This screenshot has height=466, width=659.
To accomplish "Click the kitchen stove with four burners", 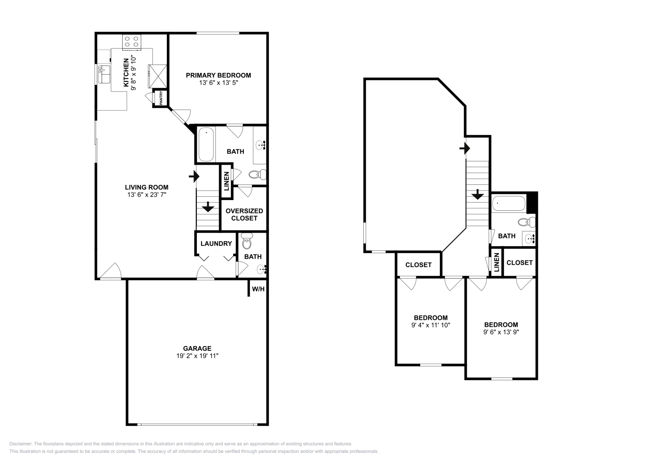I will (x=132, y=41).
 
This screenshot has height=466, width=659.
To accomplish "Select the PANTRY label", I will (x=161, y=98).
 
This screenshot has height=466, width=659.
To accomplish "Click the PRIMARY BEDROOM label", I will (x=218, y=75).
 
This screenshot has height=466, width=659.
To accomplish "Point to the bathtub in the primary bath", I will (x=206, y=144).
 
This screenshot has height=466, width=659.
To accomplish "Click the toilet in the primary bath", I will (x=258, y=175).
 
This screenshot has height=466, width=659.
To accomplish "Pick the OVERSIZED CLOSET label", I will (x=244, y=214).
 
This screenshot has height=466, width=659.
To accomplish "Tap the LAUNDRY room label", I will (x=216, y=244).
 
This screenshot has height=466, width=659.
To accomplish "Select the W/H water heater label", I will (x=258, y=289).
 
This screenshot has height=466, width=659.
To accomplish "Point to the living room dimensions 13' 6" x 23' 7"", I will (x=147, y=195).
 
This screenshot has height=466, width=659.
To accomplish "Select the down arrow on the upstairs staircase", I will (x=477, y=194).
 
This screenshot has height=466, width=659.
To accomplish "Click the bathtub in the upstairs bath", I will (x=509, y=203).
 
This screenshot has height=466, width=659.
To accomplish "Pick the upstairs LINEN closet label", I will (x=497, y=262).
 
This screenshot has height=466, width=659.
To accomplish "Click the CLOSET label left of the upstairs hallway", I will (x=418, y=265).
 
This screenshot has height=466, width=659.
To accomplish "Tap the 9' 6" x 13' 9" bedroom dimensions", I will (x=501, y=332).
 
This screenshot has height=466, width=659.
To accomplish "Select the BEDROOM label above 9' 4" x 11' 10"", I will (x=430, y=318).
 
